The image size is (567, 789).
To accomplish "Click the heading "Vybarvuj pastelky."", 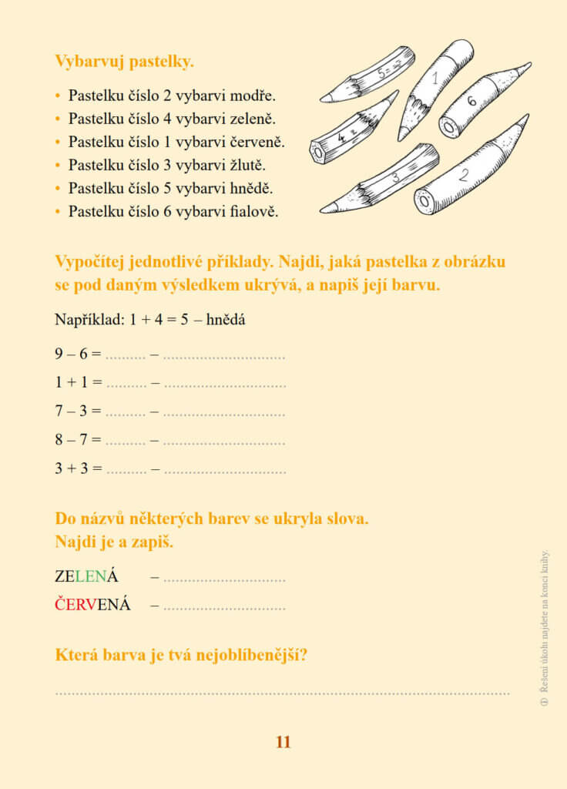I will pyautogui.click(x=124, y=60).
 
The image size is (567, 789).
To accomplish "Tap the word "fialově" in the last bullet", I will pyautogui.click(x=253, y=211).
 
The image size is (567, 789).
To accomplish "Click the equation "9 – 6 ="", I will pyautogui.click(x=78, y=354).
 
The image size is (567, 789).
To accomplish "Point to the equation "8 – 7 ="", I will pyautogui.click(x=78, y=439).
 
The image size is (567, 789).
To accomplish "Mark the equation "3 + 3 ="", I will pyautogui.click(x=78, y=468).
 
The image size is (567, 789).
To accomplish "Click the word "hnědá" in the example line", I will pyautogui.click(x=226, y=319).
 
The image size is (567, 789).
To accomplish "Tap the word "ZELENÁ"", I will pyautogui.click(x=86, y=576).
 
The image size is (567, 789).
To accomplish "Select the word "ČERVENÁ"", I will pyautogui.click(x=92, y=605).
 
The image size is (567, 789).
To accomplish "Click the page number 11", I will pyautogui.click(x=283, y=742).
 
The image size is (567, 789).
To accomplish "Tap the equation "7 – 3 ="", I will pyautogui.click(x=78, y=411).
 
